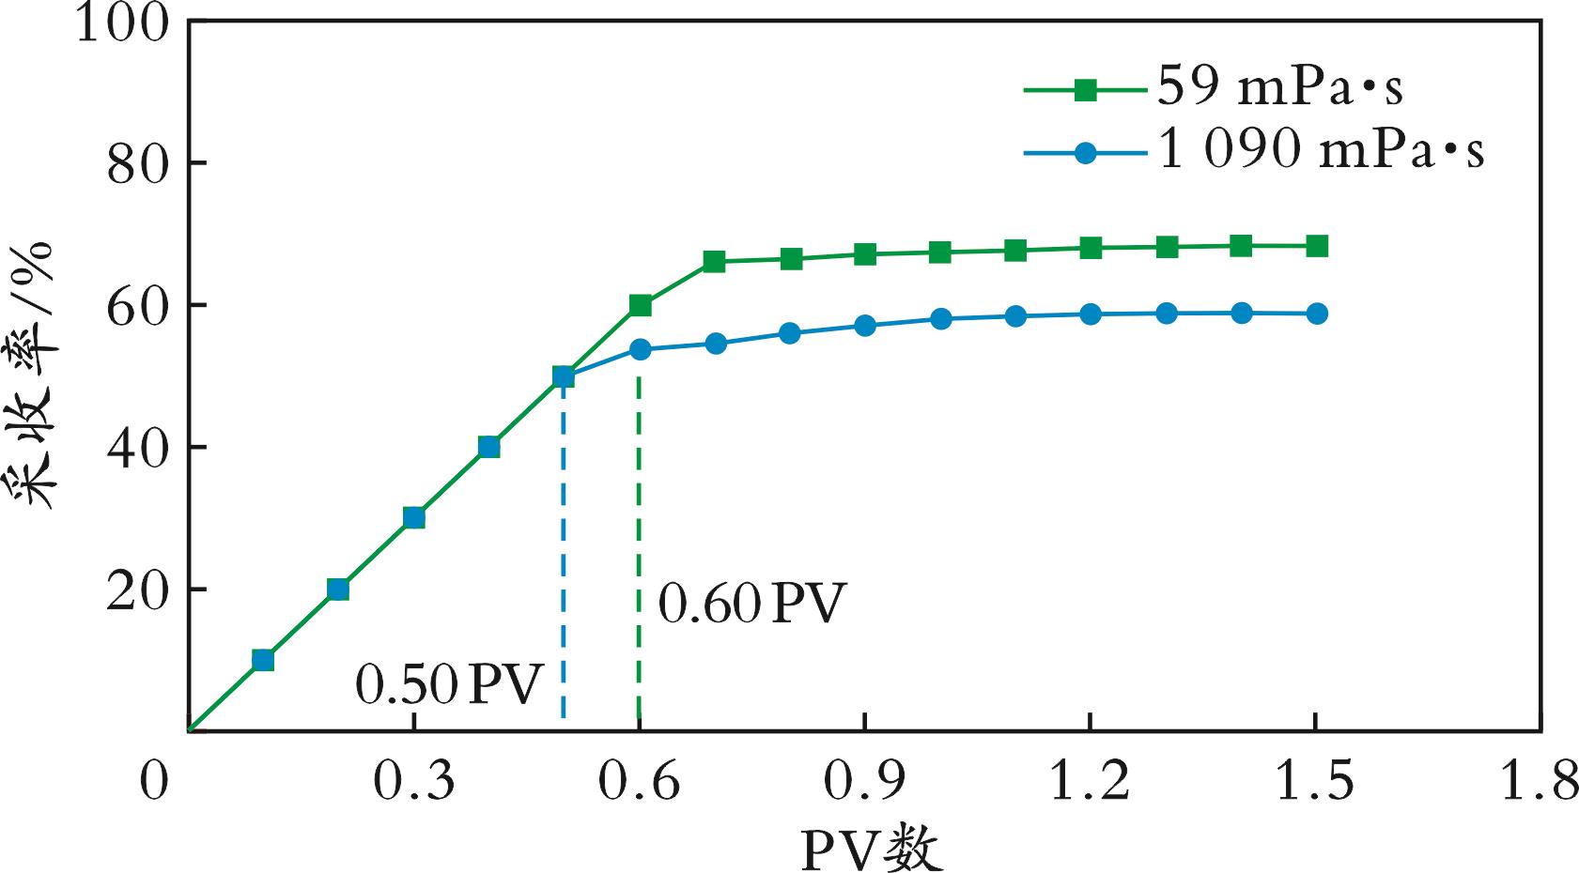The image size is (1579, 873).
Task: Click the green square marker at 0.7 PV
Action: (714, 261)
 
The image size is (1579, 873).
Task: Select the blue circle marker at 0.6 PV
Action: (640, 349)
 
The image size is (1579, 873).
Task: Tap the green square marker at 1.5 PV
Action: (1316, 246)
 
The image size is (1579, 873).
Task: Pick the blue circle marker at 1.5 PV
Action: (1316, 314)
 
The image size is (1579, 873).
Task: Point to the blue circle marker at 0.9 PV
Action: (865, 326)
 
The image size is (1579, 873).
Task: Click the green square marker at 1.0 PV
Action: (940, 252)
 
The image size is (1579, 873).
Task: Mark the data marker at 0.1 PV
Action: (263, 660)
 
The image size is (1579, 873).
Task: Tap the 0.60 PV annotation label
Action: (751, 604)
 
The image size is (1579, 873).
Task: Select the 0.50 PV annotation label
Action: (450, 685)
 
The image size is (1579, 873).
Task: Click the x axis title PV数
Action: (871, 850)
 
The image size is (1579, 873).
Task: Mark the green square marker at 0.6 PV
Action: (640, 305)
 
